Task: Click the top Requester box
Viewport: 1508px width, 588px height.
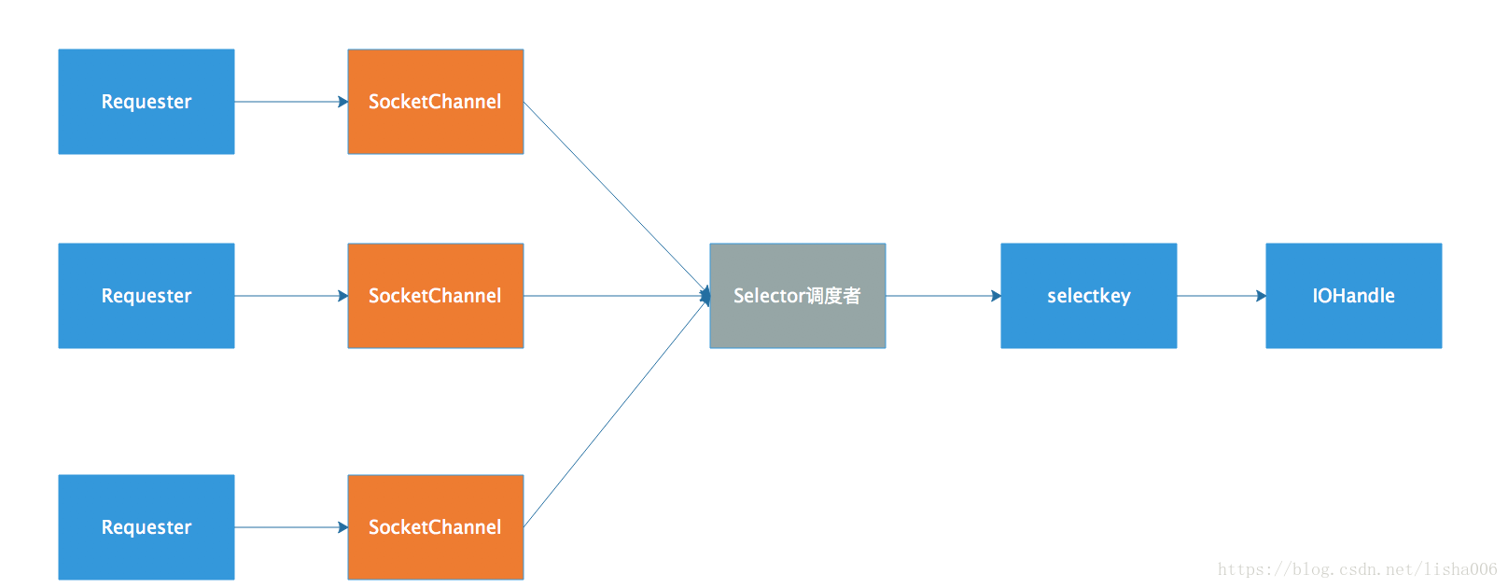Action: (147, 102)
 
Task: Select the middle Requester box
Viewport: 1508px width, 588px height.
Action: (147, 296)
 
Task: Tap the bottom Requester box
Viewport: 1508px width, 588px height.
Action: (147, 527)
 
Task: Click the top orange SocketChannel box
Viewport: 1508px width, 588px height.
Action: (435, 102)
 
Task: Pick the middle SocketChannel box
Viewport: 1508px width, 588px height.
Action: (435, 296)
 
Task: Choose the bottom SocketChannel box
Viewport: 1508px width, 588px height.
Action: (435, 527)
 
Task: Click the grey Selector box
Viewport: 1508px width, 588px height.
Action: (797, 296)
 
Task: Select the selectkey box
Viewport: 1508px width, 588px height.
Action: (1088, 296)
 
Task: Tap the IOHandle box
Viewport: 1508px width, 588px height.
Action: (1353, 296)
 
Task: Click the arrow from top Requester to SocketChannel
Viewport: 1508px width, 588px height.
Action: (290, 102)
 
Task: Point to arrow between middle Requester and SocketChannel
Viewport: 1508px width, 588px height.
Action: (290, 296)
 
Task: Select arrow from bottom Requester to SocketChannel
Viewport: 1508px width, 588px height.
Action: (290, 527)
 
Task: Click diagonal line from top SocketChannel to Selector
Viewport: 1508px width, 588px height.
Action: (616, 198)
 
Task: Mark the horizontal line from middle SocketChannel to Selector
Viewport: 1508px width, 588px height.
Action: (616, 296)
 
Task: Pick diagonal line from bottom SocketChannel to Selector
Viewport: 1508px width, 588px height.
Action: (616, 413)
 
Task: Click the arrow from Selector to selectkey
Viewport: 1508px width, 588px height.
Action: (942, 296)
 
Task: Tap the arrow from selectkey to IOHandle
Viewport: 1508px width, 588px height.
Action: (1221, 296)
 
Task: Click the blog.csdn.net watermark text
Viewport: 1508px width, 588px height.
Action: (1357, 569)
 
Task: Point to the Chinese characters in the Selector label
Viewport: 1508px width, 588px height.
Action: (833, 296)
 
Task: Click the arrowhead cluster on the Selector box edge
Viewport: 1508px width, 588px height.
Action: (706, 296)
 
